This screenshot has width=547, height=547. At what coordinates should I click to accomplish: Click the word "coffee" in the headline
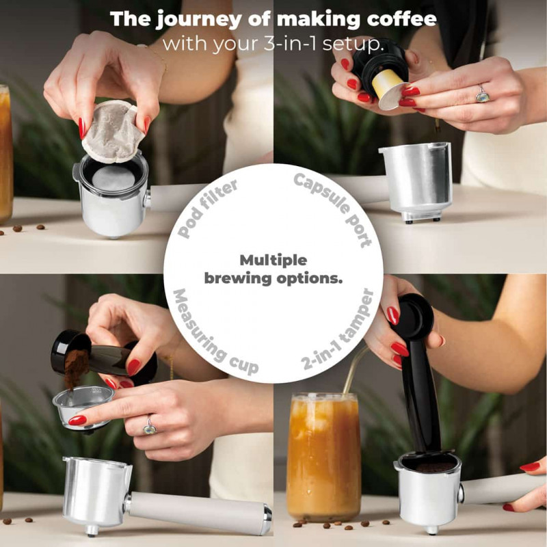coord(401,19)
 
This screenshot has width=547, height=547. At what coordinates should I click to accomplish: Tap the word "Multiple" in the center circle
coord(273,261)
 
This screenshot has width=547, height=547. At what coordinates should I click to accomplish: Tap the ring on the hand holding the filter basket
coord(150,425)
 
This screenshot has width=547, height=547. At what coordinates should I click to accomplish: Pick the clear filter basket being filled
coord(83,408)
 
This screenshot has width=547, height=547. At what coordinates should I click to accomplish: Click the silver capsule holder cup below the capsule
coord(416,181)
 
